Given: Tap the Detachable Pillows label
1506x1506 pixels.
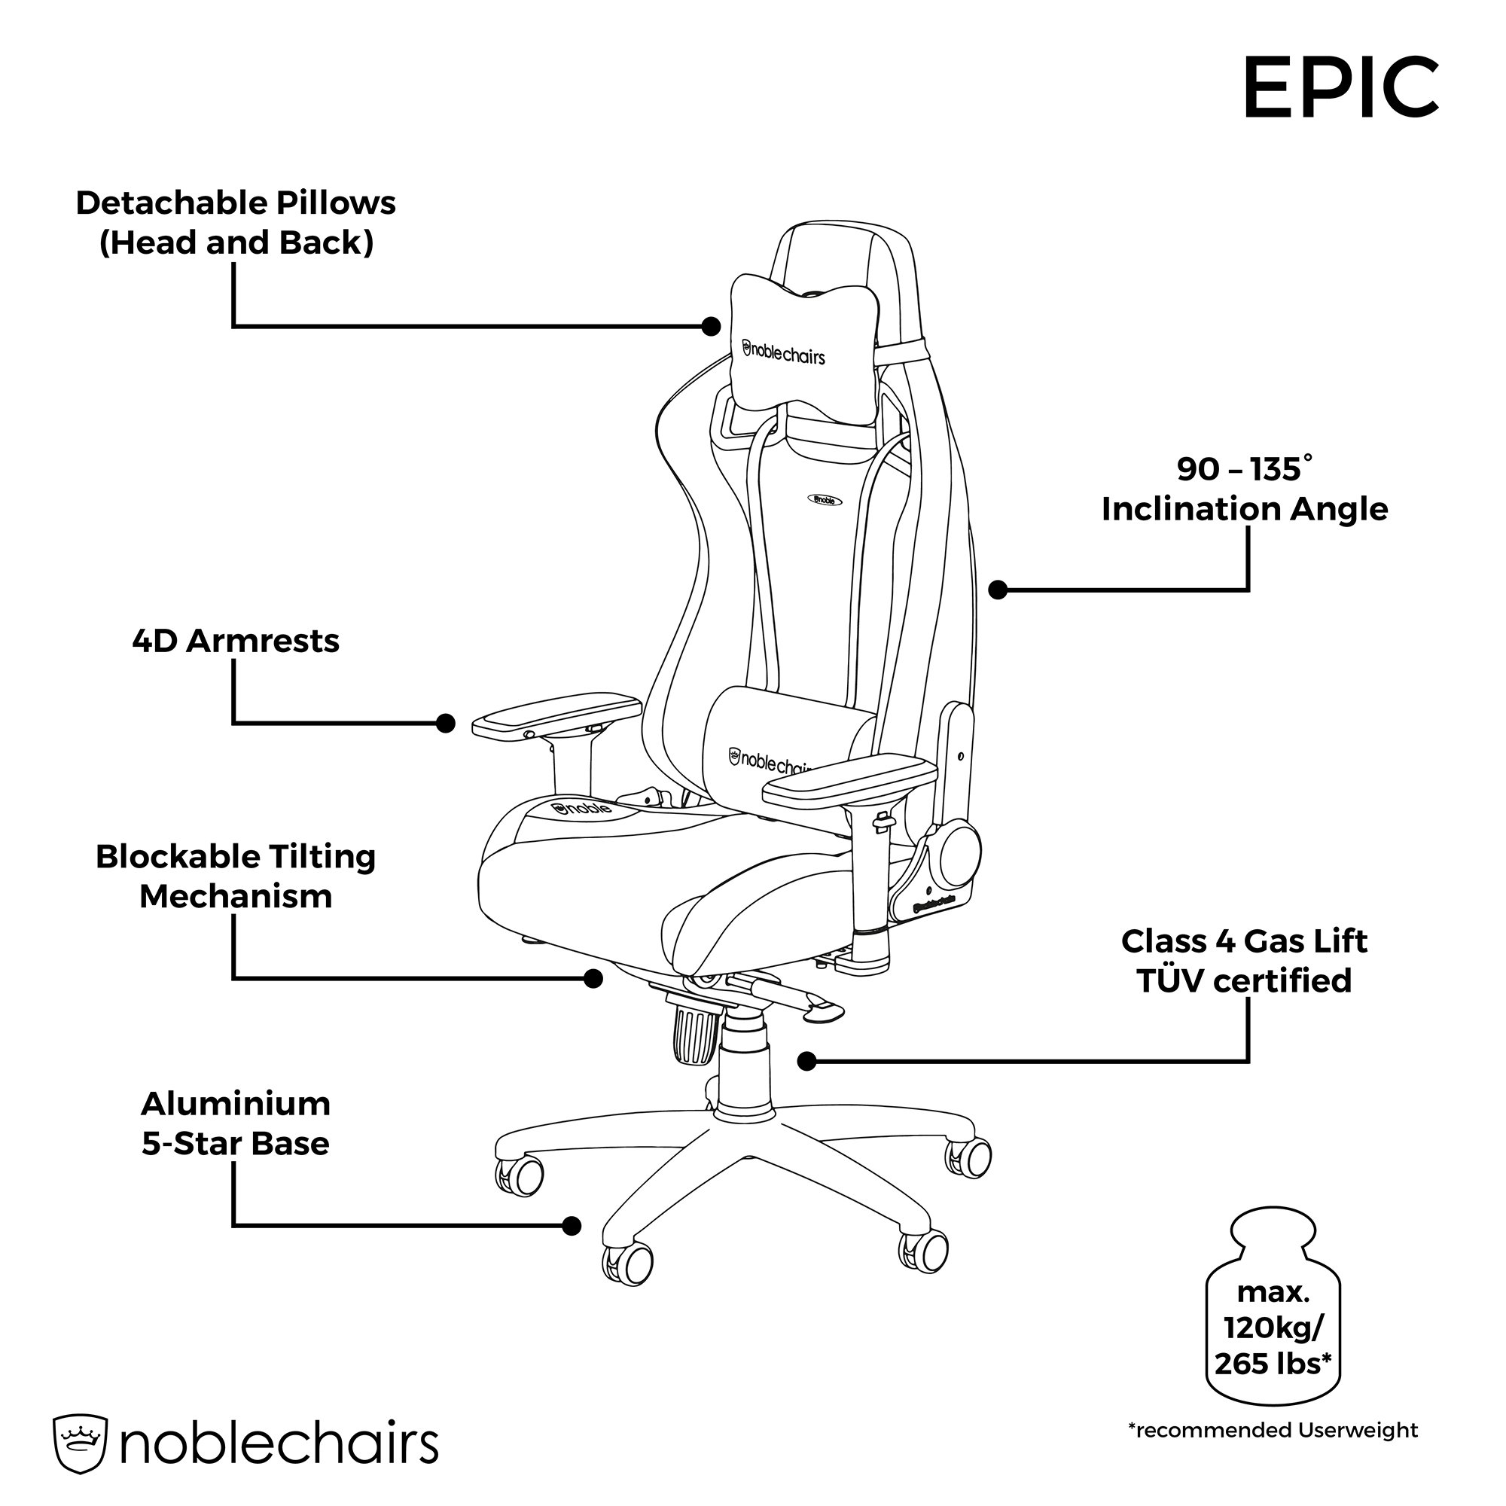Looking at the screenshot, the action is [236, 223].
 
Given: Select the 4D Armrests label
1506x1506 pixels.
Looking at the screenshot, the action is [236, 641].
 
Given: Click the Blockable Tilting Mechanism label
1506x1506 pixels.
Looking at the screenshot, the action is [236, 876].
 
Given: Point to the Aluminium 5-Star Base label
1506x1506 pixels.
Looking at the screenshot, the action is [236, 1123].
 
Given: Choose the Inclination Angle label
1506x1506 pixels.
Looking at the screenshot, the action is [1244, 489].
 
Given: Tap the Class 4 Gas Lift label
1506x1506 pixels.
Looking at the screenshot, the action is [1244, 960].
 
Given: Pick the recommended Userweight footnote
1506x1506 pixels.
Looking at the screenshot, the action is [1273, 1453].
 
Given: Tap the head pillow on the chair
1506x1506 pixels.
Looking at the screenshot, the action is [805, 349].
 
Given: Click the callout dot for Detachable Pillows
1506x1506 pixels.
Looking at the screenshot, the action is [711, 327].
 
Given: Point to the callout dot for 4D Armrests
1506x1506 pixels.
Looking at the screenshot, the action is [445, 724].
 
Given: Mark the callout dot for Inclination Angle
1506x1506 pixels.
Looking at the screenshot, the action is [998, 590].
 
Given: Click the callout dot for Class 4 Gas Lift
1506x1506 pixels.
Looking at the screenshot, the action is [806, 1061].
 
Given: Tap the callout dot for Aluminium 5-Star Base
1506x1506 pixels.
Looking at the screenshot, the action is [572, 1226].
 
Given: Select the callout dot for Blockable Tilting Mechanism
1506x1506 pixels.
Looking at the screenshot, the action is [593, 978].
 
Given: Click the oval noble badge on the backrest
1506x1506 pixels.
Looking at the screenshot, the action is [824, 500].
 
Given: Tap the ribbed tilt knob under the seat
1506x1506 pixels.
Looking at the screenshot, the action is [695, 1036].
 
